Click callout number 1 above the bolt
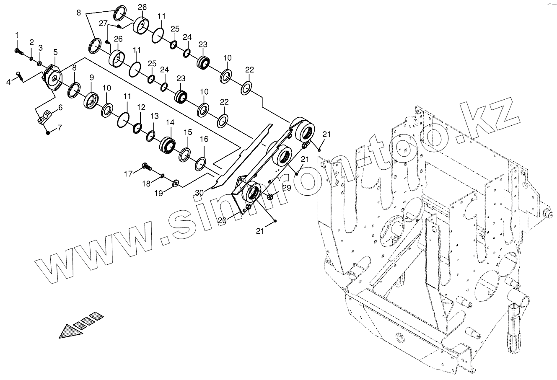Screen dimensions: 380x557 17,34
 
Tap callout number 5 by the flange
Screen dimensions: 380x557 55,52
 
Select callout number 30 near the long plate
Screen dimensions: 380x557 199,192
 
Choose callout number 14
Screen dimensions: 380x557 170,123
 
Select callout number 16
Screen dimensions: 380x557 204,139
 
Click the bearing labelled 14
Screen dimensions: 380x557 168,145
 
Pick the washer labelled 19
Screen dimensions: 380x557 175,183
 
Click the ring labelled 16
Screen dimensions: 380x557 201,164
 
